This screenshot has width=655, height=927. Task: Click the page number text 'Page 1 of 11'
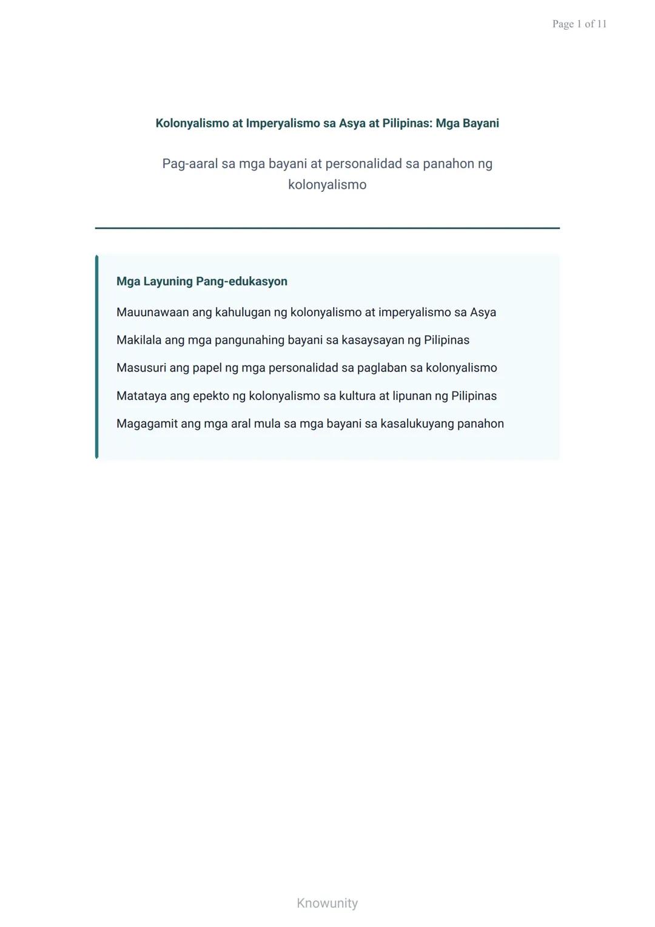[x=579, y=24]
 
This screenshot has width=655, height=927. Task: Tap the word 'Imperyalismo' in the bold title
[x=283, y=123]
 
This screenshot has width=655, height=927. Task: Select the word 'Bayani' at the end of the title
[x=480, y=123]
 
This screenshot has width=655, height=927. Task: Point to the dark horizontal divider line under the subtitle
[x=327, y=228]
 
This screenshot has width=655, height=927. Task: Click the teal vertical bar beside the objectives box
[x=97, y=357]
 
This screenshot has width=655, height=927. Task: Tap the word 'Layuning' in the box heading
[x=168, y=282]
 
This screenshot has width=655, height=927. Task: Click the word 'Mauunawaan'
[x=153, y=313]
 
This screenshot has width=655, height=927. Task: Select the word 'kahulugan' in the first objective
[x=243, y=313]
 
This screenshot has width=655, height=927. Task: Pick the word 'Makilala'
[x=139, y=341]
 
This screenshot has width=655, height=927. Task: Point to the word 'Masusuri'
[x=141, y=368]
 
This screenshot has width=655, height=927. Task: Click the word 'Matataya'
[x=141, y=396]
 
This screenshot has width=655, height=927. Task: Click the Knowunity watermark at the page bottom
[x=327, y=903]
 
